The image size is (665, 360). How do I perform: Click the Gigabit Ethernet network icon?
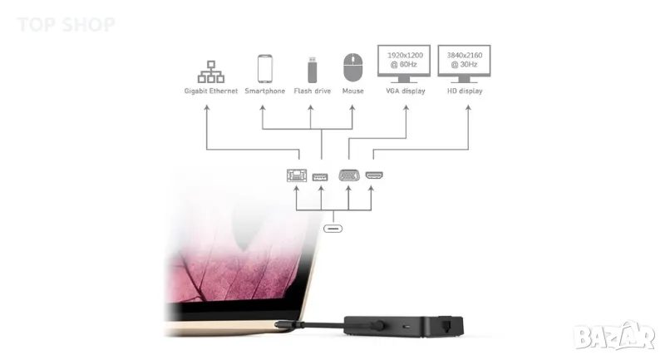click(211, 67)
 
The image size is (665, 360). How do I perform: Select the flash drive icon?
click(311, 67)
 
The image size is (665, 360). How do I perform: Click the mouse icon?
click(352, 67)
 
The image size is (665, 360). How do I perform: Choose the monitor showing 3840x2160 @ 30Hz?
click(464, 61)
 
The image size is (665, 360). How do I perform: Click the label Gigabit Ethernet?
click(211, 91)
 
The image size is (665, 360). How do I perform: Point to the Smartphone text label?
click(265, 91)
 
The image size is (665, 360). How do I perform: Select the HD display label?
click(464, 91)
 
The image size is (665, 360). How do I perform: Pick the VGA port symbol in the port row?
click(349, 175)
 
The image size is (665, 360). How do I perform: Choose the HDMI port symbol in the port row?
click(374, 175)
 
